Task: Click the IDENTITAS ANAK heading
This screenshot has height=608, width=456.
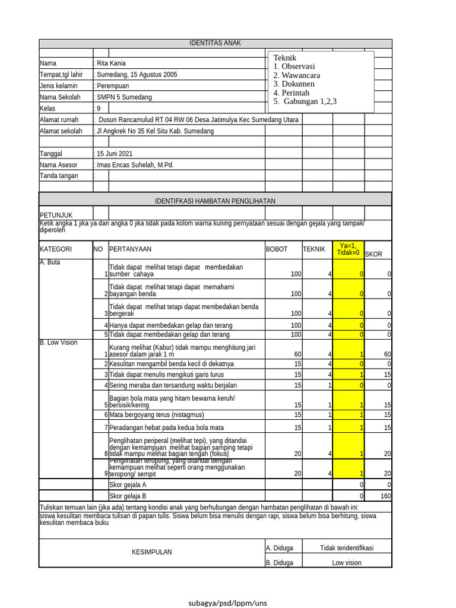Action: click(215, 43)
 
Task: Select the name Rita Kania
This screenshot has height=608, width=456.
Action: click(112, 64)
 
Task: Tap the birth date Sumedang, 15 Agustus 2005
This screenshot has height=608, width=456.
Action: click(137, 75)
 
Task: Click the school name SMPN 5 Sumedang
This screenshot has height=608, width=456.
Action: click(124, 97)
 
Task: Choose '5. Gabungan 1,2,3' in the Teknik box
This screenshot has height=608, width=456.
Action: click(305, 102)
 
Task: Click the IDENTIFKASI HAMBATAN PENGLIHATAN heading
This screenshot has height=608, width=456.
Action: click(215, 201)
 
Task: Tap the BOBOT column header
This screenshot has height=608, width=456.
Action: click(275, 249)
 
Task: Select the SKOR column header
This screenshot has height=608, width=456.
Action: click(373, 254)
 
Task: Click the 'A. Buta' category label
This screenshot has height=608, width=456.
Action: click(50, 262)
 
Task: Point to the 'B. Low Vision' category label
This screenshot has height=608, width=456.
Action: click(59, 343)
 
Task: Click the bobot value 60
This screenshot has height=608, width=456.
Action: click(297, 354)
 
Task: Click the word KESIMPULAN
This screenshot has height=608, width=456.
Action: click(151, 552)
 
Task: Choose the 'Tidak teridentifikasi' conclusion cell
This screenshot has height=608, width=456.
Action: click(347, 548)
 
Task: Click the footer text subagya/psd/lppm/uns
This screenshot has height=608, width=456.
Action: click(228, 603)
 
